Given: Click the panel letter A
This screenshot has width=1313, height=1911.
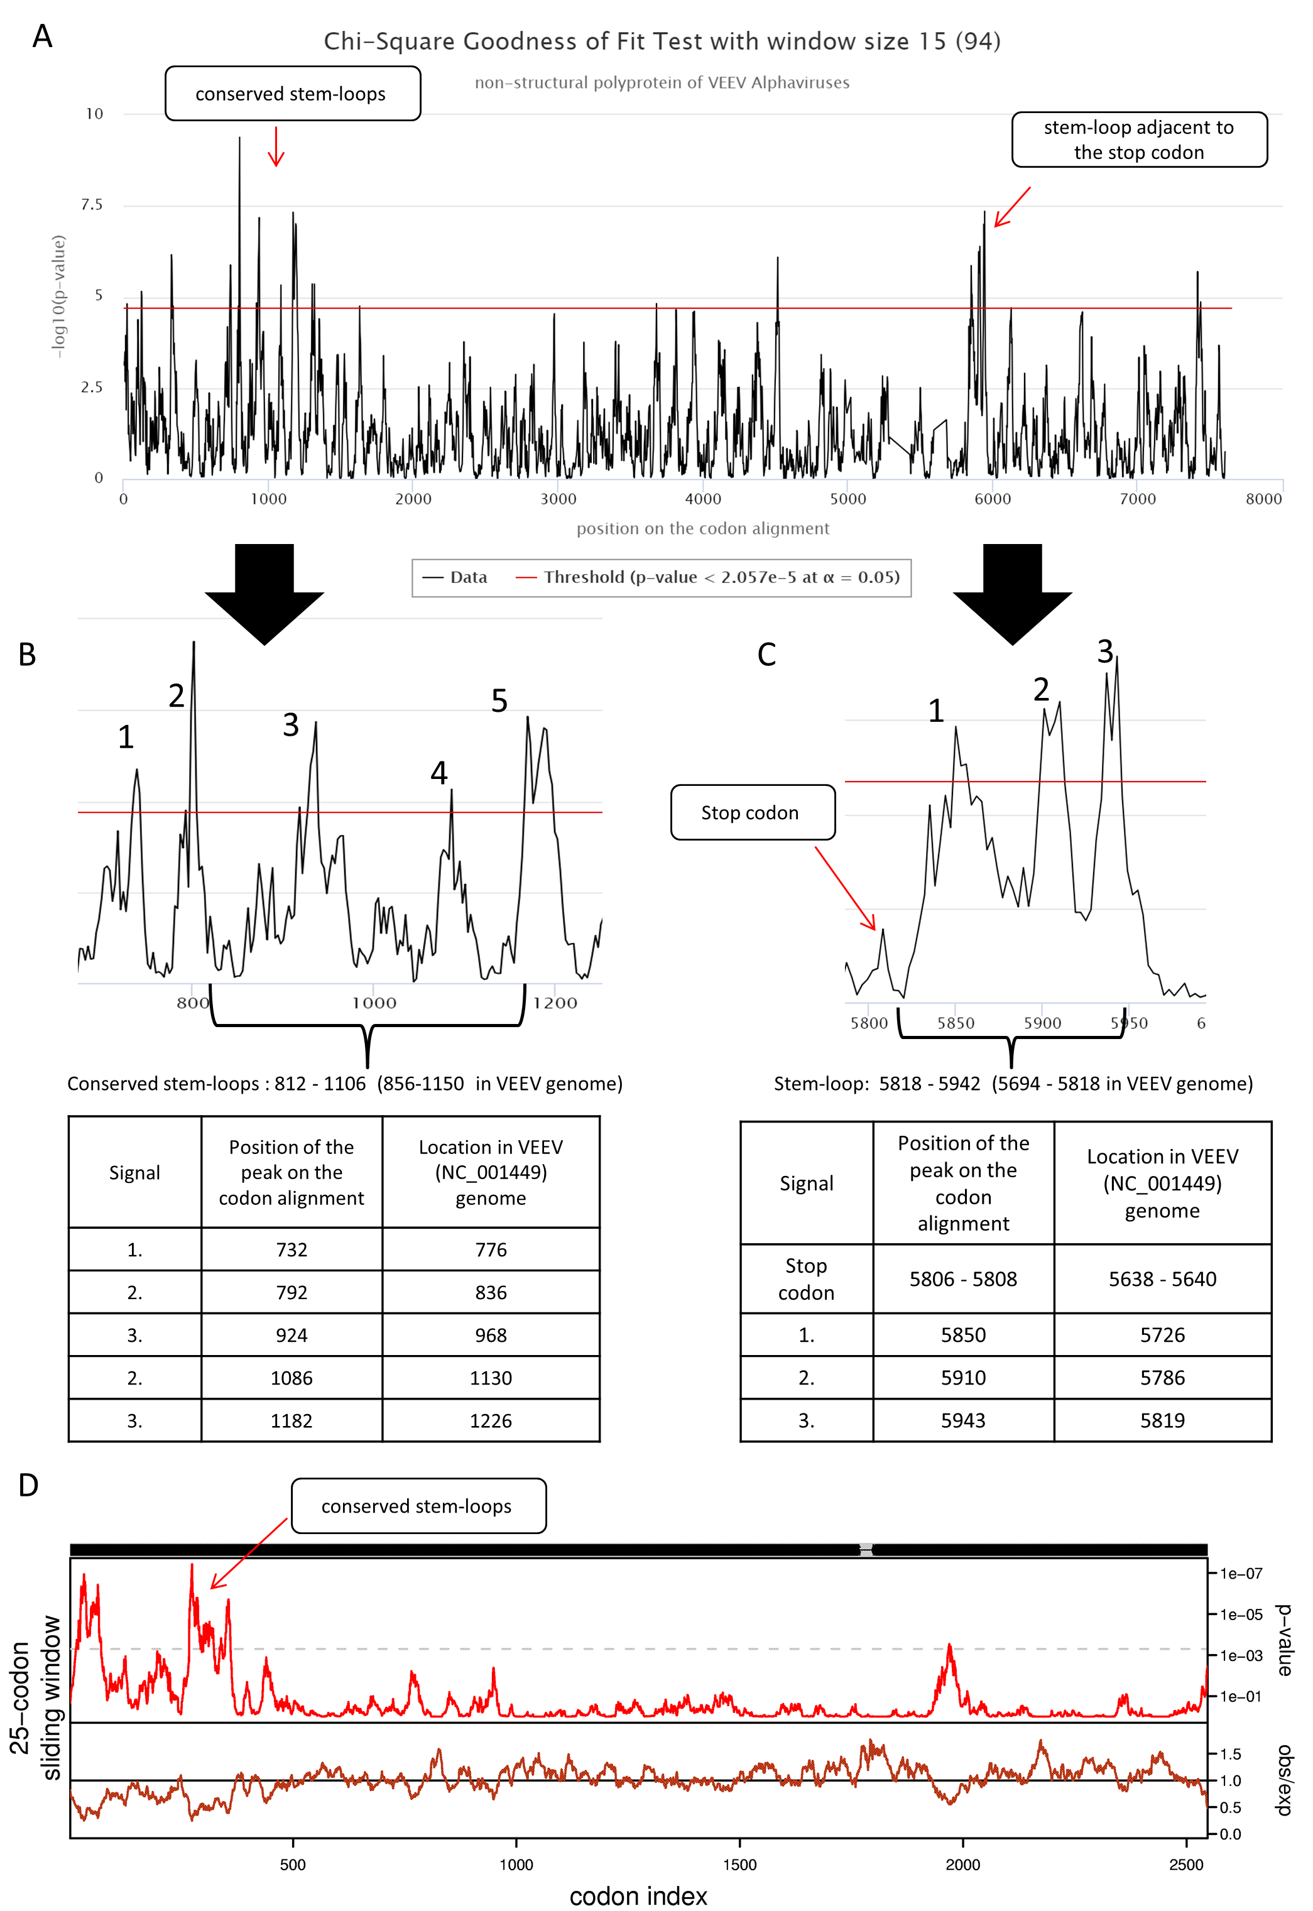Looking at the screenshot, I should tap(42, 36).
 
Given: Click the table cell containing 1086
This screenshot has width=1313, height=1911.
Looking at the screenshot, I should tap(291, 1377).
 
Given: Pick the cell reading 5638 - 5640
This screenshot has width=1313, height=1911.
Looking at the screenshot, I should tap(1162, 1278).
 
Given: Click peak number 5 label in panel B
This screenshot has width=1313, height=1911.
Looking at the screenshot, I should tap(499, 701).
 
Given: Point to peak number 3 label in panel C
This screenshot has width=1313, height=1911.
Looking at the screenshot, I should tap(1105, 651).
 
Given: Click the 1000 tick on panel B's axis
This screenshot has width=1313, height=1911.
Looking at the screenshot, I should tap(374, 1003).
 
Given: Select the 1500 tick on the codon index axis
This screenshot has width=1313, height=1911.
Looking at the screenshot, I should tap(739, 1865).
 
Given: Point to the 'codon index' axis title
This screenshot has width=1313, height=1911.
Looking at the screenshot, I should tap(638, 1895).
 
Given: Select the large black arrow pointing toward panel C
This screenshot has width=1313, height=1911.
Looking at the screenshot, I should tap(1012, 594).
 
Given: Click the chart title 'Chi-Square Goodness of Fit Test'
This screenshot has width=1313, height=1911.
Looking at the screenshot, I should tap(662, 41).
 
